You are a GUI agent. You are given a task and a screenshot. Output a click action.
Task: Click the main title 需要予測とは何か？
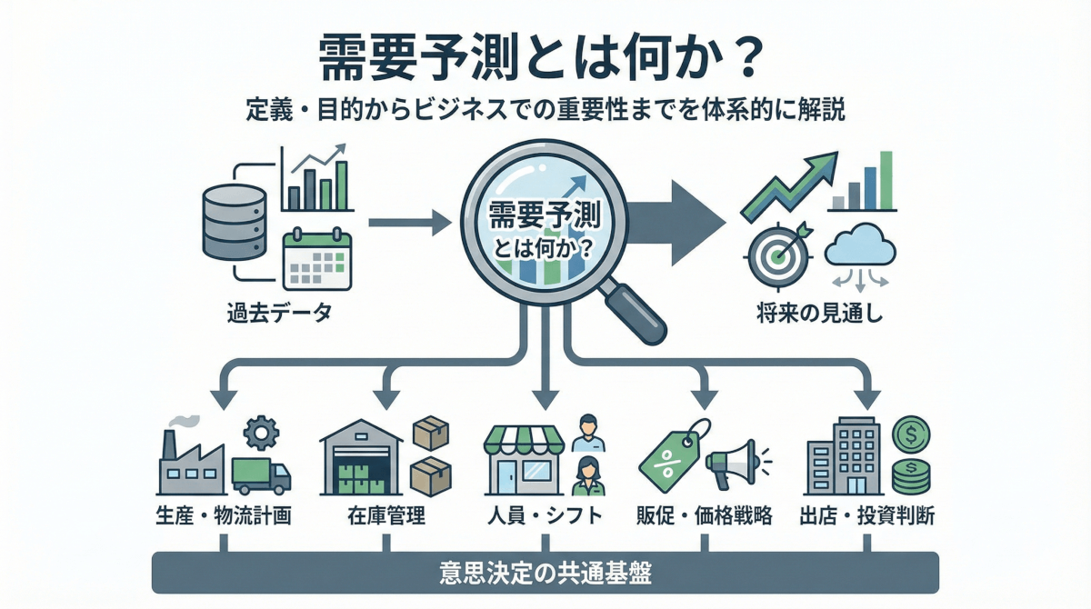[545, 63]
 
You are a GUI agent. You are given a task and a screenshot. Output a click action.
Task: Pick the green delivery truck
[261, 475]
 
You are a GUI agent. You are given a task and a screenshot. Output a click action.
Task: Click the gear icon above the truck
[263, 433]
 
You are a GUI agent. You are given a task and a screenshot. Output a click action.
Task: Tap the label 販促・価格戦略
[704, 517]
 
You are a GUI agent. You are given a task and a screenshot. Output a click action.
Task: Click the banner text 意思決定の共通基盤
[544, 574]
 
